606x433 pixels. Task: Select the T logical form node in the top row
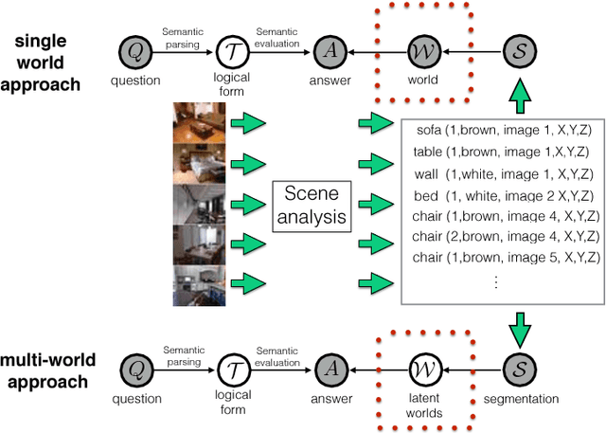pyautogui.click(x=230, y=49)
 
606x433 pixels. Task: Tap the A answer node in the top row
pyautogui.click(x=329, y=49)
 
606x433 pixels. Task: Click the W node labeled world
pyautogui.click(x=423, y=49)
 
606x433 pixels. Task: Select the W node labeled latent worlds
pyautogui.click(x=423, y=368)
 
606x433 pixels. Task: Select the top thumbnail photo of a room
pyautogui.click(x=198, y=122)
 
